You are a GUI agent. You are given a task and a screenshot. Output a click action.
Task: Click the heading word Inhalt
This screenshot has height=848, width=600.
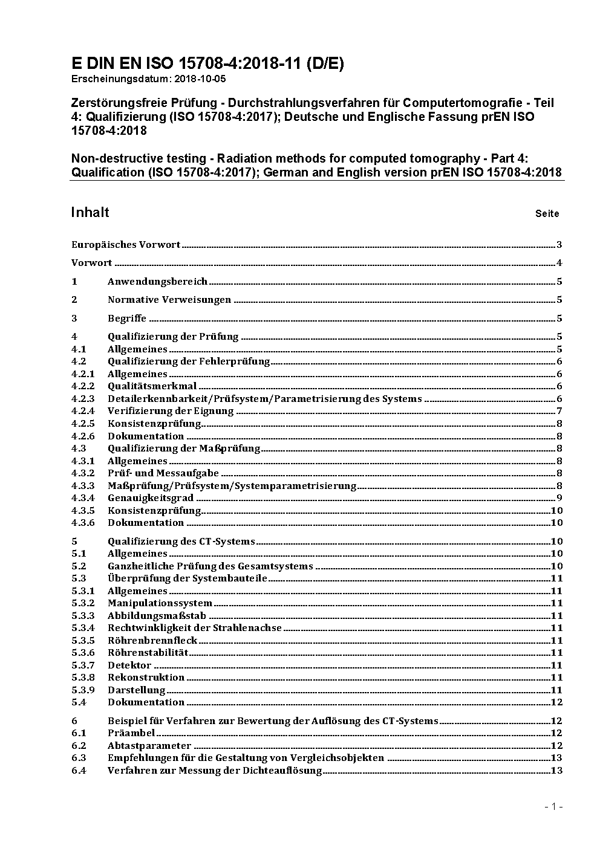[x=90, y=212]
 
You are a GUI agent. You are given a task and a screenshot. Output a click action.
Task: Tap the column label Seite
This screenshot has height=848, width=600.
[x=547, y=213]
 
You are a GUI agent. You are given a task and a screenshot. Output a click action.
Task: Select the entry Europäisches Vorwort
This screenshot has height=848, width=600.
[x=126, y=245]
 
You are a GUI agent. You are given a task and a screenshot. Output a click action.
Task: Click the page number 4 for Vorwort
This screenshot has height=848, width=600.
[x=559, y=263]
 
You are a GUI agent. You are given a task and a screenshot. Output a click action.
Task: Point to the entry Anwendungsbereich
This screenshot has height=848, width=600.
[x=157, y=282]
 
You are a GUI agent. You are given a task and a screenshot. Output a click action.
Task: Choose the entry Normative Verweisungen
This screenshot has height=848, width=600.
[x=169, y=300]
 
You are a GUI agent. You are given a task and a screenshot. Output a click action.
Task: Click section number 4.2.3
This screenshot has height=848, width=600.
[x=83, y=399]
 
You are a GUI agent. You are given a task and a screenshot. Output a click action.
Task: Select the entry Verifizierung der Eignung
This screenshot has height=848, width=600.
[x=171, y=411]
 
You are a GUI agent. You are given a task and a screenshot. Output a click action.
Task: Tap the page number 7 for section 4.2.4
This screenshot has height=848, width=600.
[x=559, y=411]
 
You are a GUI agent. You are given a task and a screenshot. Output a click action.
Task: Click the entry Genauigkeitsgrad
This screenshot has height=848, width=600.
[x=151, y=498]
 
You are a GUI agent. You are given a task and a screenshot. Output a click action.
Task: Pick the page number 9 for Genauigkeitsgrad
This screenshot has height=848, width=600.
[x=559, y=498]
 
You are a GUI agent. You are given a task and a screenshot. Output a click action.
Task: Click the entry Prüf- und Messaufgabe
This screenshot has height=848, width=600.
[x=163, y=473]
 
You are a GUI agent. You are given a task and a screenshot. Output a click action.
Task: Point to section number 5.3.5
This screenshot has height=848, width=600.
[x=83, y=641]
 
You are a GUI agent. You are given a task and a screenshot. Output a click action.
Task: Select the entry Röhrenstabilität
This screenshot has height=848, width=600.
[x=148, y=653]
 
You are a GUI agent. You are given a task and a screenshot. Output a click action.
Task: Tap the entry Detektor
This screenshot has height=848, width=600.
[x=129, y=665]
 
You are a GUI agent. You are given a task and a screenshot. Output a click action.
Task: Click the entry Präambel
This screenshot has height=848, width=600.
[x=131, y=733]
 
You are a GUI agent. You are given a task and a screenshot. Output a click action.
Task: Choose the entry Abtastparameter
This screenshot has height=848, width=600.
[x=149, y=746]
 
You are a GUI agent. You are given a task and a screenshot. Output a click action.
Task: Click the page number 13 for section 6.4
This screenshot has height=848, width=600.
[x=556, y=771]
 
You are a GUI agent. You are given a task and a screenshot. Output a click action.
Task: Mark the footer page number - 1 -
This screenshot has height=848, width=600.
[x=553, y=806]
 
